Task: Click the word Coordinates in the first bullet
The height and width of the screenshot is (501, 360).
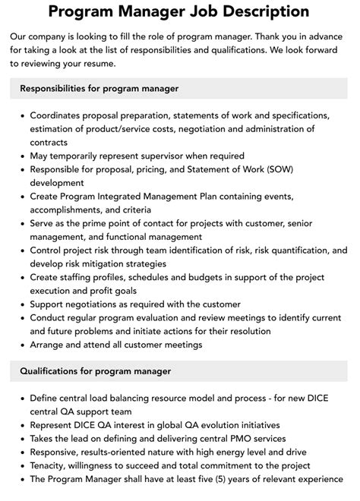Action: point(59,115)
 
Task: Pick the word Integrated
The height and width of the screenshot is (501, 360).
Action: point(126,196)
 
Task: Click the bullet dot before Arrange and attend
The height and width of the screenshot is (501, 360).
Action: point(20,345)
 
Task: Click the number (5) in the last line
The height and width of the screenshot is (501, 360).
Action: point(244,480)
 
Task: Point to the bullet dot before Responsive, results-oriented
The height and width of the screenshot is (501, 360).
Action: point(20,452)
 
